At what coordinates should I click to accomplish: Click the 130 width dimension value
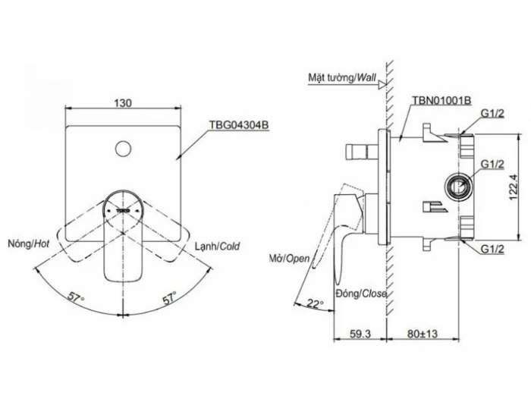[123, 102]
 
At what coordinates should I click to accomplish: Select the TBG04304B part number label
[239, 125]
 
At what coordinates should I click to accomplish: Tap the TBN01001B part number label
[441, 100]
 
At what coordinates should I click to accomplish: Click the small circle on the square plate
[123, 149]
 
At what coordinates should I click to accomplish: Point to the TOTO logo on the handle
[123, 211]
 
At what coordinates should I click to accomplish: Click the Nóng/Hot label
[29, 243]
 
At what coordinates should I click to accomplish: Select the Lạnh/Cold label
[218, 246]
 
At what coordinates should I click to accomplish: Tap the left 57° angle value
[76, 297]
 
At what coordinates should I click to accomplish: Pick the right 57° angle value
[169, 297]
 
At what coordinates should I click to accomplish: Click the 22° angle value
[316, 303]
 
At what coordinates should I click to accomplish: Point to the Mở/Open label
[290, 259]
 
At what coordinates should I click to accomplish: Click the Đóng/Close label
[361, 294]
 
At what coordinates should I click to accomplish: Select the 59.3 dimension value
[360, 334]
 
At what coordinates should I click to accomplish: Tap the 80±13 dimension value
[423, 334]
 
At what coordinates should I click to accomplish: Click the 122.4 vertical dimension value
[514, 187]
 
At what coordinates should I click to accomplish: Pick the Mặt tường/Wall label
[342, 77]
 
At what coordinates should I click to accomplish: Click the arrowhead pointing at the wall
[382, 85]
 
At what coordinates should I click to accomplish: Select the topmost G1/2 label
[492, 113]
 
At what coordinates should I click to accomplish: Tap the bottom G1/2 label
[492, 250]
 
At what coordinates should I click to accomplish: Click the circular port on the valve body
[457, 187]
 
